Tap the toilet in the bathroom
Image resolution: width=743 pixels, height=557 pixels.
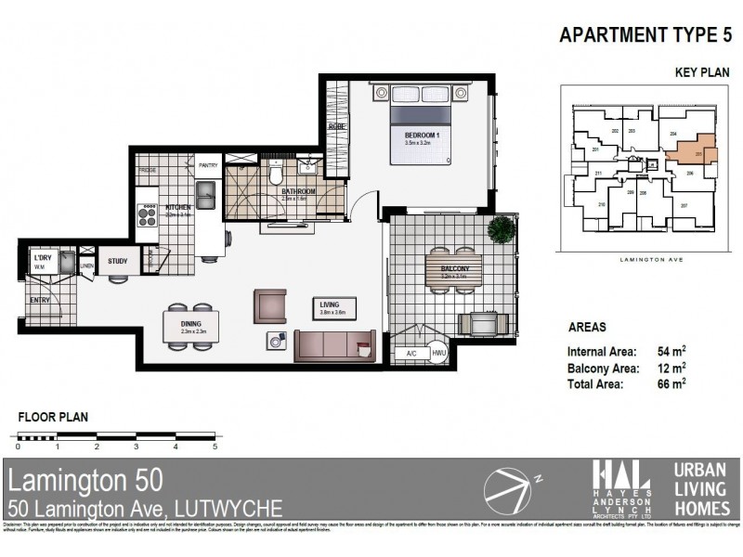(x=276, y=174)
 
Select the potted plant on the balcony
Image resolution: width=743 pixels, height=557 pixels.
(x=502, y=227)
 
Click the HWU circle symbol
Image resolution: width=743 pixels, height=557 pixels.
(x=439, y=353)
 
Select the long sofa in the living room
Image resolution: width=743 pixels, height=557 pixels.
(x=335, y=345)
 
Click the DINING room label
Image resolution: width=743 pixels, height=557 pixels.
(x=189, y=323)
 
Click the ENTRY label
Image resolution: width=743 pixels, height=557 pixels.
(x=40, y=300)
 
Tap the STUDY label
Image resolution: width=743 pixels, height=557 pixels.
(x=117, y=262)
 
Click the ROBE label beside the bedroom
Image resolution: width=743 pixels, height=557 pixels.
(x=337, y=127)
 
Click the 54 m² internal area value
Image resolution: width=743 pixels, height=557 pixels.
(x=672, y=352)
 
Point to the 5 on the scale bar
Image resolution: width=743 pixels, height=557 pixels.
(x=215, y=447)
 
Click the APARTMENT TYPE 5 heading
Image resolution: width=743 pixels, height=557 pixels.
(x=640, y=36)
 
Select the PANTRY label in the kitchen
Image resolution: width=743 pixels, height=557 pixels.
(x=208, y=165)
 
